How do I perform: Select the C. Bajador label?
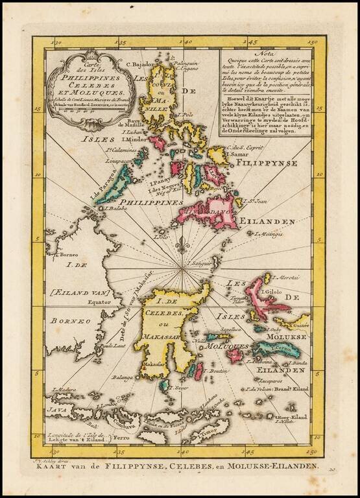pyautogui.click(x=138, y=64)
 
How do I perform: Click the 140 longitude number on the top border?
pyautogui.click(x=186, y=43)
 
